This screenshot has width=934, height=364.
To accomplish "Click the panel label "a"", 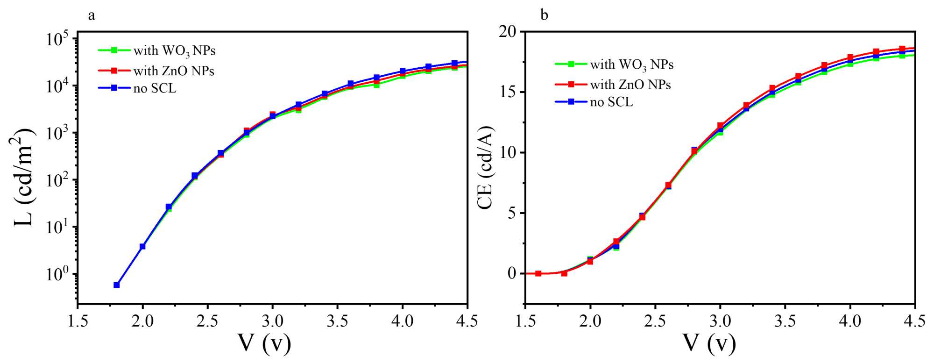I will coord(92,16).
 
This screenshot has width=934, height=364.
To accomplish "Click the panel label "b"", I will coord(544,16).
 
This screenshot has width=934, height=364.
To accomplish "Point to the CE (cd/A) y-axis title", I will coord(485,167).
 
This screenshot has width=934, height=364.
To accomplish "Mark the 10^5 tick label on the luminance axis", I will coord(58,39).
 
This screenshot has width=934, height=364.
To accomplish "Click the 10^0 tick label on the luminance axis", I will coord(58,274).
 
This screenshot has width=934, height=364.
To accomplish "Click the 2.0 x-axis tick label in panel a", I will coord(142,321).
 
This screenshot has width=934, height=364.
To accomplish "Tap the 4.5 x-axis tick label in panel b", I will coord(914,321).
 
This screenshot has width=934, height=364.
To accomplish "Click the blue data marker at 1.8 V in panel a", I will coord(117,285).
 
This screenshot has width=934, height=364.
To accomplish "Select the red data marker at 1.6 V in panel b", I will coord(538,273).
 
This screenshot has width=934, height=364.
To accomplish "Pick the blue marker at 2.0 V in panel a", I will coord(142,246).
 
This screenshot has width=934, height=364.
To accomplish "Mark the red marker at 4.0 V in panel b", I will coord(850,57).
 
